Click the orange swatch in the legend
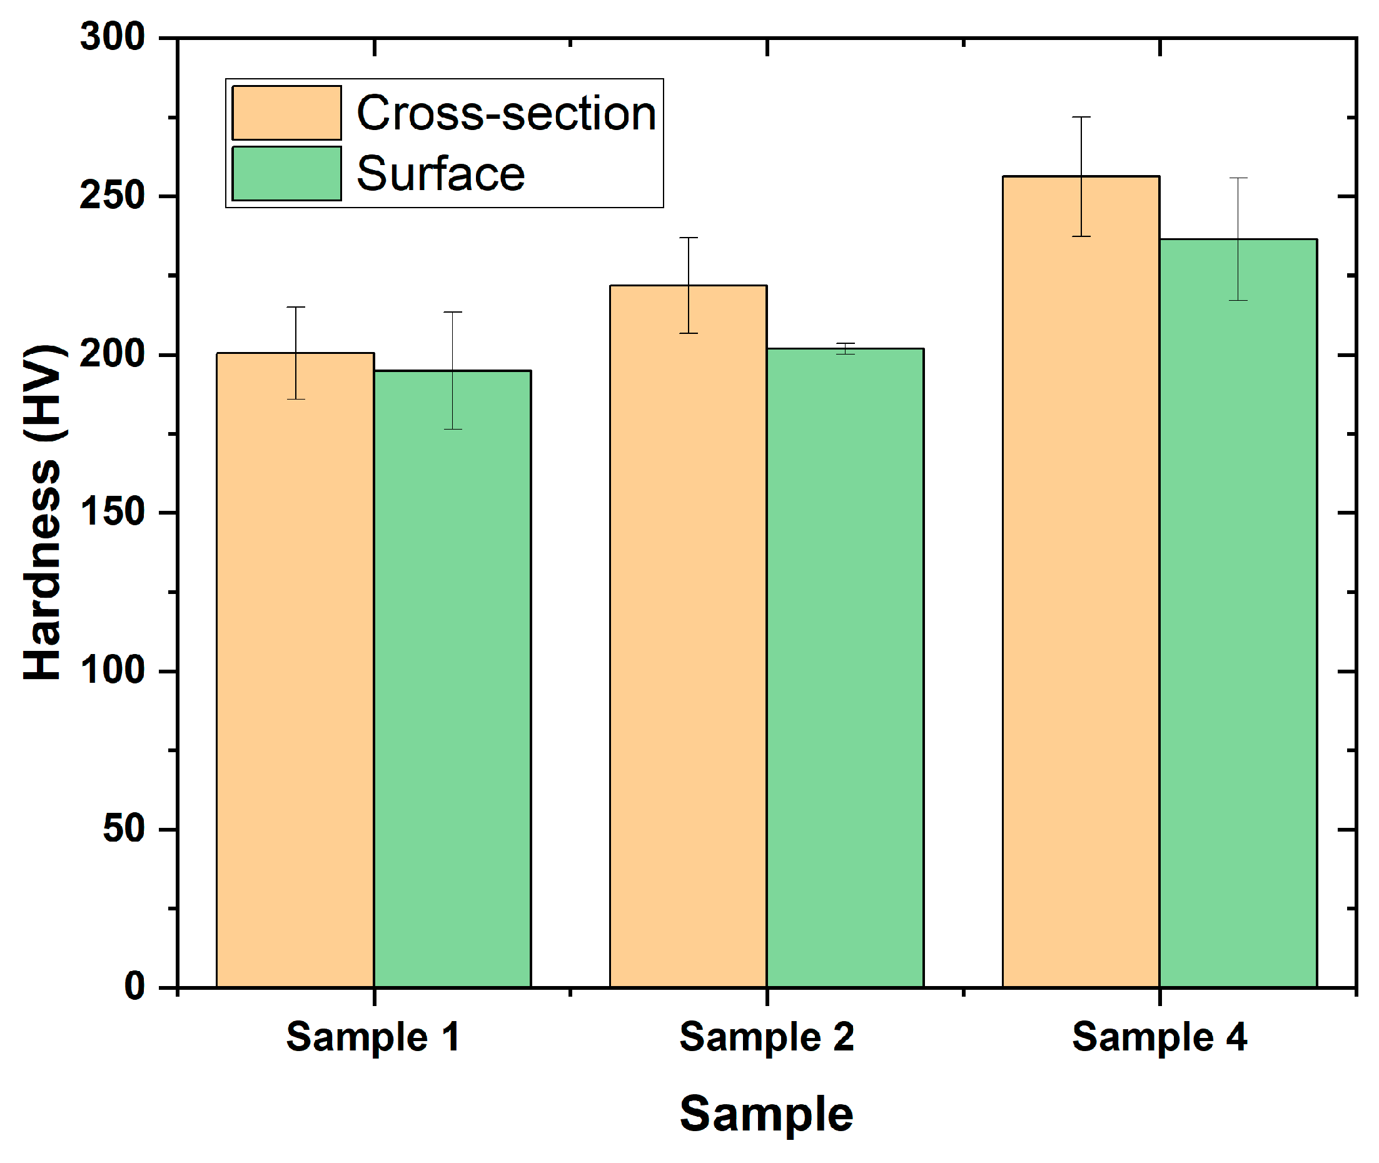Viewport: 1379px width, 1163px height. click(286, 113)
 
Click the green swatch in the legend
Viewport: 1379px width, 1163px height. click(286, 173)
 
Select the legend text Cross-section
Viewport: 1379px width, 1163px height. click(506, 113)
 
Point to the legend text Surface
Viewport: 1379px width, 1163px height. click(440, 174)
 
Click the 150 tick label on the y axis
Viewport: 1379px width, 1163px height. click(112, 512)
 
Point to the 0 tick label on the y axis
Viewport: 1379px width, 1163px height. click(134, 987)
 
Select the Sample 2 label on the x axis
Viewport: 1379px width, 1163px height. click(766, 1037)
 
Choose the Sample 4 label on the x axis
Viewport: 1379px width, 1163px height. click(1159, 1037)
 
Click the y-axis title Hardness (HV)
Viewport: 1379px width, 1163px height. click(43, 512)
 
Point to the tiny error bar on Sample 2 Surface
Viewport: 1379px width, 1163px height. click(845, 348)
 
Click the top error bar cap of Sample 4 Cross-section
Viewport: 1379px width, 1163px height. click(1081, 118)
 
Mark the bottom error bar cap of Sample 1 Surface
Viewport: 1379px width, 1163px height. click(452, 429)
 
